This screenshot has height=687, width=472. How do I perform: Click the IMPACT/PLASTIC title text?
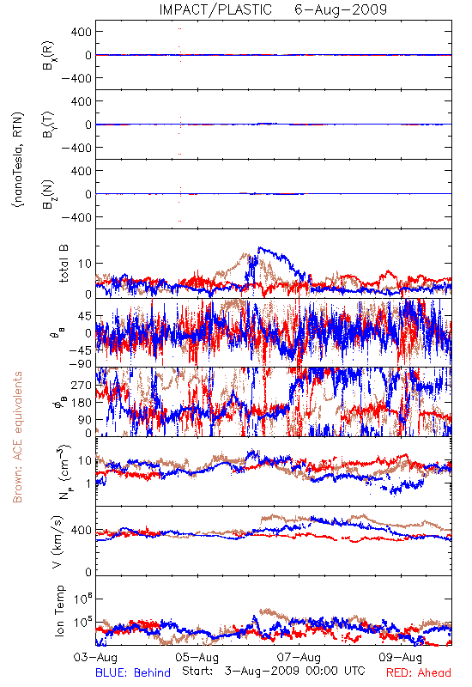click(215, 9)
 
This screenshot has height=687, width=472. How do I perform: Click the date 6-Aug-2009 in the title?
click(341, 9)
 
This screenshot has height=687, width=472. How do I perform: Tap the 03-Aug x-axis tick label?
click(95, 657)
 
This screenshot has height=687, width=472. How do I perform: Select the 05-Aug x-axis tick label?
click(197, 657)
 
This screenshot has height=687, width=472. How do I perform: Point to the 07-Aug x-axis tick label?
click(299, 657)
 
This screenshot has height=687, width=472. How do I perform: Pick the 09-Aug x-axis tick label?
click(401, 657)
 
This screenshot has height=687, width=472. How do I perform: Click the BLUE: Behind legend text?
click(133, 672)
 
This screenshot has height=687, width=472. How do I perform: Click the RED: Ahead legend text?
click(419, 672)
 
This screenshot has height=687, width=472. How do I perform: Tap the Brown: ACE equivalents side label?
click(17, 437)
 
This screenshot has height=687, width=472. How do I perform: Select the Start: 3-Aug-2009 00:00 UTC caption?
click(274, 671)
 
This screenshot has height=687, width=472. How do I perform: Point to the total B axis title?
click(64, 263)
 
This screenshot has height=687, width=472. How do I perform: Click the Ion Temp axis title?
click(59, 611)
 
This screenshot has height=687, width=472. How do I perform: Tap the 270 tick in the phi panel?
click(82, 385)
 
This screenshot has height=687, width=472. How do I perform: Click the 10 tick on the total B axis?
click(85, 264)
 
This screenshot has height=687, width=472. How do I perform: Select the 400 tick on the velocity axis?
click(82, 530)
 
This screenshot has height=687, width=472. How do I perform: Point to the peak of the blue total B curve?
click(259, 247)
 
